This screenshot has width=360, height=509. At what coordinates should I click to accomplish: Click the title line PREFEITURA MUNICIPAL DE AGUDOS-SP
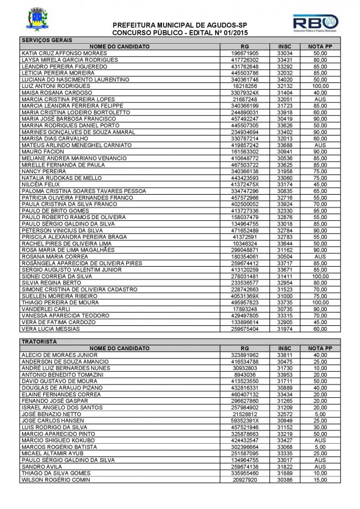180,26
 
